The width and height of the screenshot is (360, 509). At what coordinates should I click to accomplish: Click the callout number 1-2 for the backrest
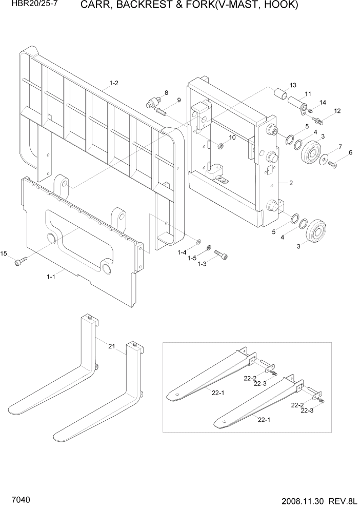pyautogui.click(x=113, y=83)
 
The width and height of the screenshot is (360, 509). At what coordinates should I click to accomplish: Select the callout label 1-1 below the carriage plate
pyautogui.click(x=51, y=276)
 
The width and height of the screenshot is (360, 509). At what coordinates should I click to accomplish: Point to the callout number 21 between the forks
pyautogui.click(x=111, y=347)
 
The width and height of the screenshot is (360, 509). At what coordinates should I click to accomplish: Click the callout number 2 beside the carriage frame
pyautogui.click(x=291, y=182)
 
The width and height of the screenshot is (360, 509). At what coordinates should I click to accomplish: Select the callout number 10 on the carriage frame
pyautogui.click(x=232, y=137)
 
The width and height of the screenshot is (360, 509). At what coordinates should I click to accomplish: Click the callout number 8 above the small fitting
pyautogui.click(x=166, y=92)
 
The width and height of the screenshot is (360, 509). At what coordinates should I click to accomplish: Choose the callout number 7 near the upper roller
pyautogui.click(x=339, y=147)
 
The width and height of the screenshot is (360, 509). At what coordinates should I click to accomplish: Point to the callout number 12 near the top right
pyautogui.click(x=337, y=111)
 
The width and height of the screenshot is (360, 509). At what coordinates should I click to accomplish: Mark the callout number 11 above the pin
pyautogui.click(x=308, y=93)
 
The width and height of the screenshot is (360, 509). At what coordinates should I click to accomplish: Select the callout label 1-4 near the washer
pyautogui.click(x=182, y=252)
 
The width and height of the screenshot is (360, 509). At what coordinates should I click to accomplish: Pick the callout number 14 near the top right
pyautogui.click(x=323, y=103)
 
